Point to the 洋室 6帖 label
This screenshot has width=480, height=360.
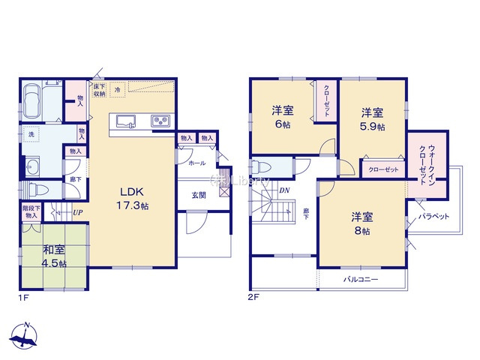(282, 118)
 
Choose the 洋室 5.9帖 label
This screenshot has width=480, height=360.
(373, 120)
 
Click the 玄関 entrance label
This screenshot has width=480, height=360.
(198, 195)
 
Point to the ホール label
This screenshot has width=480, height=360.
(196, 163)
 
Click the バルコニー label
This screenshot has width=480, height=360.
(361, 279)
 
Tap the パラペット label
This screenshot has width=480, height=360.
(433, 216)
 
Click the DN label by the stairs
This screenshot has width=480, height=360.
(284, 190)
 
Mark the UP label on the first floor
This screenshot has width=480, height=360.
(77, 212)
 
